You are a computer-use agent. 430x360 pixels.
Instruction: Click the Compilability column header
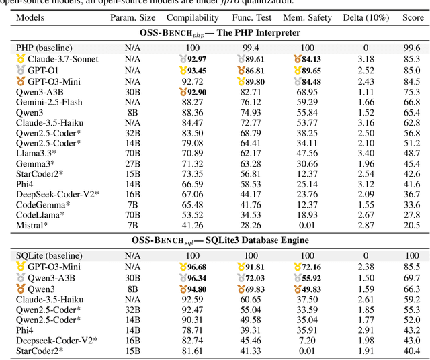point(192,17)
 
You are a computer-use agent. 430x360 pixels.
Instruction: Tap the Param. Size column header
point(132,17)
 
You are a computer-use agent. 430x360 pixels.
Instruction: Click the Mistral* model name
point(32,225)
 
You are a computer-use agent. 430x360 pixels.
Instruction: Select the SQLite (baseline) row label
point(48,256)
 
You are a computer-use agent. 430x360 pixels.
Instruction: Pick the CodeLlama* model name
point(41,214)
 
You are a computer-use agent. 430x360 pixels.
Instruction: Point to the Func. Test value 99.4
point(251,48)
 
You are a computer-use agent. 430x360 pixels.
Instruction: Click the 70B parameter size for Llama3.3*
point(132,153)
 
